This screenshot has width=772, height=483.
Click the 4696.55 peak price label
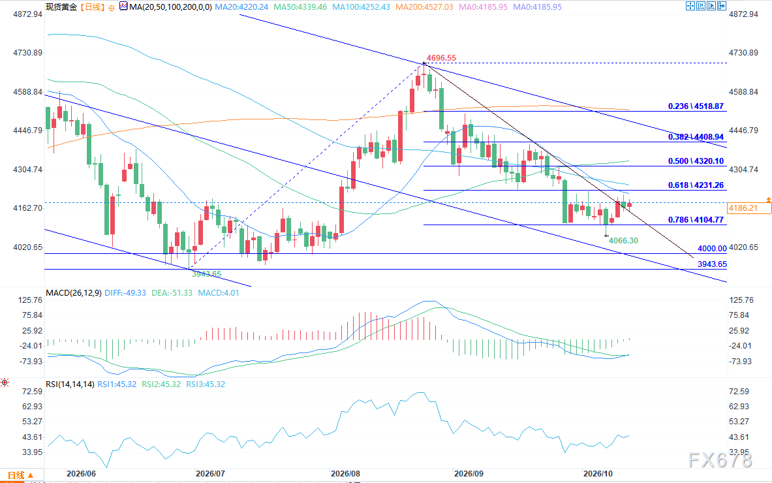441,57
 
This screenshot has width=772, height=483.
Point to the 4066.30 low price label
623,240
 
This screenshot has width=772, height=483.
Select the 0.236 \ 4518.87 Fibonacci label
696,106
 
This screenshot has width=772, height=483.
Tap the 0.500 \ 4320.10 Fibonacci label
696,161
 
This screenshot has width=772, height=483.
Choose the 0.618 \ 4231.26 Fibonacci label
696,185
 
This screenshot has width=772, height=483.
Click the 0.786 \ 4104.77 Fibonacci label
696,219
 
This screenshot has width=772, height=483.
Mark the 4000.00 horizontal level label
712,249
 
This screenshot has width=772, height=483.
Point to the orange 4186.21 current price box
743,208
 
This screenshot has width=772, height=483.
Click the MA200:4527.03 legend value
424,7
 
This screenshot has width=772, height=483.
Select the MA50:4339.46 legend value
300,7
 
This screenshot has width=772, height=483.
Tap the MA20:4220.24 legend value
241,7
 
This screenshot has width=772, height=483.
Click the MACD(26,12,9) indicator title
73,292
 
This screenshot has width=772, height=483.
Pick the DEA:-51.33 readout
172,292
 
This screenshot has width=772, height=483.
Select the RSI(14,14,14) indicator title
70,384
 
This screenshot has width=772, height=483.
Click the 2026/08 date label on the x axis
346,474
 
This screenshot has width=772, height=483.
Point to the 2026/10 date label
598,474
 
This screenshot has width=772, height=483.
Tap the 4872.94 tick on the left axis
27,14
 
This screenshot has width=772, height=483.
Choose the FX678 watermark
720,460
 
